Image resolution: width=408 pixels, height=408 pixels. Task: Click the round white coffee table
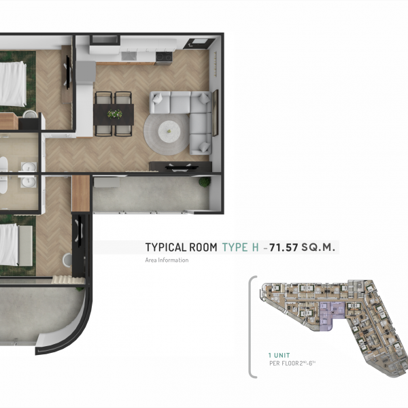[169, 130]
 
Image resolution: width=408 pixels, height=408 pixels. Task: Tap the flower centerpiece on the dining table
[115, 114]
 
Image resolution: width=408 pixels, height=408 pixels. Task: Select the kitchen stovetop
[164, 56]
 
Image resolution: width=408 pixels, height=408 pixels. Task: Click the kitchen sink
[129, 56]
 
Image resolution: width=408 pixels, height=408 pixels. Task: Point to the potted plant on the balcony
[205, 182]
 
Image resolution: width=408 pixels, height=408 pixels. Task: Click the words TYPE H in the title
[241, 248]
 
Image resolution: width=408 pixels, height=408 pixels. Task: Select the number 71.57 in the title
[284, 248]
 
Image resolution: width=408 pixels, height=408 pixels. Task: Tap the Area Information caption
[167, 260]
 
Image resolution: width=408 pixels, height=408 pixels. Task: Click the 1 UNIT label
[279, 355]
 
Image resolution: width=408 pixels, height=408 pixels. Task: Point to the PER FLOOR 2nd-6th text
[292, 363]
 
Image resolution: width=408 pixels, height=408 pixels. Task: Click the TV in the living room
[180, 167]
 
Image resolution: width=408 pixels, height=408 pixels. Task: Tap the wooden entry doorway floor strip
[81, 193]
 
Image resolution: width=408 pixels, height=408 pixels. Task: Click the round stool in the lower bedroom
[67, 260]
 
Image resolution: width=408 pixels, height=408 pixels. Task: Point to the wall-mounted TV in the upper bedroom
[68, 72]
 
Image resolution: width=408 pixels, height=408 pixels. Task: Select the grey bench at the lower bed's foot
[26, 245]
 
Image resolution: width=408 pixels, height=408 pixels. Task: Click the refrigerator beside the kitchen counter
[86, 72]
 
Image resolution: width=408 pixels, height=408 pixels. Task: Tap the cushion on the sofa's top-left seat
[158, 99]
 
